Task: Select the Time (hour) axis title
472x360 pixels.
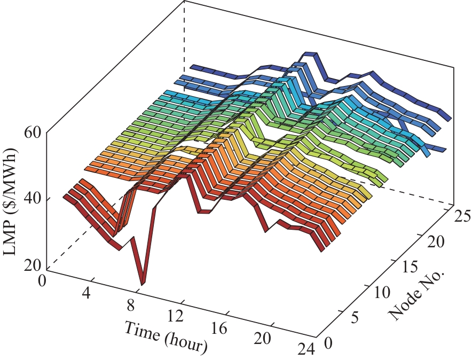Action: tap(166, 336)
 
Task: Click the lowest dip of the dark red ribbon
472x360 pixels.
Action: tap(143, 283)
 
